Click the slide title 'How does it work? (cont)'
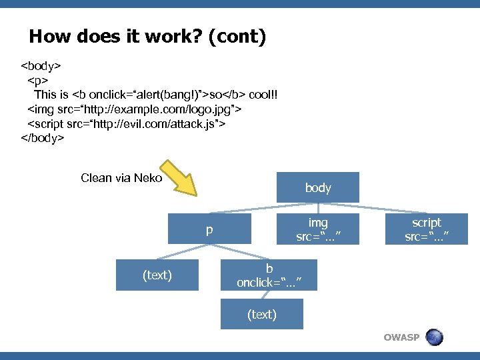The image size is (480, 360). [x=147, y=36]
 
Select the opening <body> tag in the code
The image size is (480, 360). [x=41, y=67]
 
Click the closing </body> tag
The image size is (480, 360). [x=43, y=138]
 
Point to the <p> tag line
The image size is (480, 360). [x=36, y=81]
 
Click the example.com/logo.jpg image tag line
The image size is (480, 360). [x=134, y=109]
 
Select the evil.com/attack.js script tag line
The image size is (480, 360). [x=126, y=123]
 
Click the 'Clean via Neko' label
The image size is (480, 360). [x=121, y=178]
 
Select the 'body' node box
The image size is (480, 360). [x=317, y=187]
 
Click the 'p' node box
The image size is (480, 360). [x=209, y=229]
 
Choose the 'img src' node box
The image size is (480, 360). [x=317, y=229]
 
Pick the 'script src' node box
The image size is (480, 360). [x=427, y=229]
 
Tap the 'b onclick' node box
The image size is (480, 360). [x=269, y=275]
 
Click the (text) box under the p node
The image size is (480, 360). [x=157, y=275]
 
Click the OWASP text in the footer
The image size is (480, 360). [x=401, y=337]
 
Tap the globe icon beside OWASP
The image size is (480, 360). [x=434, y=337]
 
